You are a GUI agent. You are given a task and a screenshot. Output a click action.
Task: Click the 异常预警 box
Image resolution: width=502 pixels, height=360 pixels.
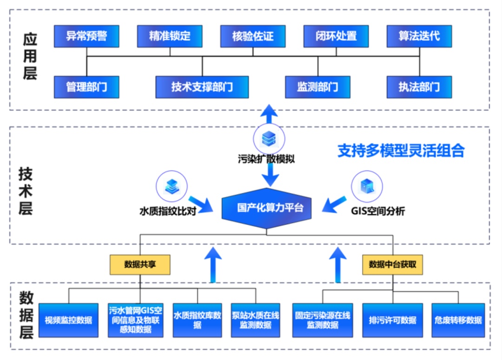[x=86, y=36]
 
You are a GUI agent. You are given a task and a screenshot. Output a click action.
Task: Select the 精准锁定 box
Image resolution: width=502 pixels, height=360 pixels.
[x=170, y=36]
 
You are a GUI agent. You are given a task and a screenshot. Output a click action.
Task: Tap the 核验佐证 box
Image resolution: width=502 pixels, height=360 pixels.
[x=253, y=36]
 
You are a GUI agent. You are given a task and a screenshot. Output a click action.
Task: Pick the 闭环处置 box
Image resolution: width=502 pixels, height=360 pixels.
[x=336, y=36]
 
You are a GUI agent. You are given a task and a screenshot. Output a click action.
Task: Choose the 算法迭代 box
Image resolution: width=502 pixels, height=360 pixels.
[x=419, y=36]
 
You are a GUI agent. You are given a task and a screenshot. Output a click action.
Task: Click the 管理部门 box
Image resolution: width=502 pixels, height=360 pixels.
[x=86, y=87]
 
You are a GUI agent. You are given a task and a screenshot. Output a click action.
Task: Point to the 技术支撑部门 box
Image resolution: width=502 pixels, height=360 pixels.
[x=202, y=87]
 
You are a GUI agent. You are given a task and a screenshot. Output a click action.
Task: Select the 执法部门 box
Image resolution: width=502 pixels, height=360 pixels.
[x=419, y=87]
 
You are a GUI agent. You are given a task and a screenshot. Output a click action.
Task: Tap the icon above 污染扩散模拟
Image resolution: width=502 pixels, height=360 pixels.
[x=269, y=139]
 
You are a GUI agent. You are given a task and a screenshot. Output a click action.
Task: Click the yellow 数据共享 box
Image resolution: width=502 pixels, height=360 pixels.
[x=140, y=264]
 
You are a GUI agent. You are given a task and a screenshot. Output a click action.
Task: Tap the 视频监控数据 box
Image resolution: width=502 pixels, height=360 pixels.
[x=68, y=320]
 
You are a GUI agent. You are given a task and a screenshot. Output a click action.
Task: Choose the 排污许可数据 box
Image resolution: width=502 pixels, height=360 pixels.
[x=393, y=320]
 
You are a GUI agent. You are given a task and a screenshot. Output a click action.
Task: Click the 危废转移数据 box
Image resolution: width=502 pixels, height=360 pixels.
[x=458, y=320]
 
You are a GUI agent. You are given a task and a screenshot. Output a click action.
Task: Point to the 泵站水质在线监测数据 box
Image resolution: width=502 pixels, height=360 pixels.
[x=256, y=320]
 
